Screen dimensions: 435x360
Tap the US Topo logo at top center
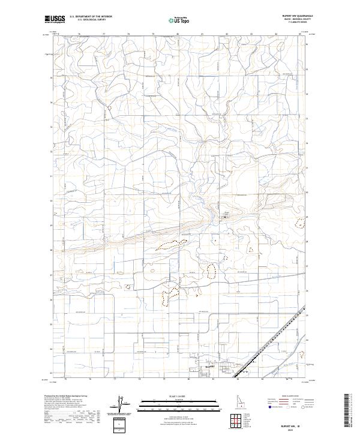180,19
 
